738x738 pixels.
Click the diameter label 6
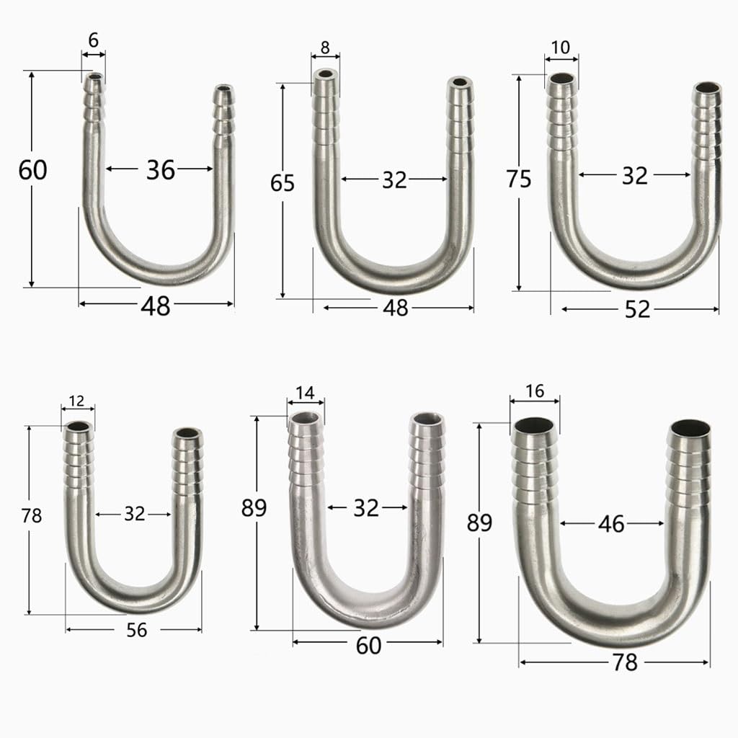pos(94,42)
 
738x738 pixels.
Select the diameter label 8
pos(325,48)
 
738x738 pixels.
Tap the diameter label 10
pos(560,48)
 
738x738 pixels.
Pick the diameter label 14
pos(305,393)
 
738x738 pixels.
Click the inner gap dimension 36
pos(160,170)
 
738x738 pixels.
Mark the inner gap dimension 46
pos(611,524)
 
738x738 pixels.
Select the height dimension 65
pos(283,184)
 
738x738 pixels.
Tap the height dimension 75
pos(518,179)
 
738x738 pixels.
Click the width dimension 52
pos(638,309)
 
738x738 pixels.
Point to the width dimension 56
pos(136,630)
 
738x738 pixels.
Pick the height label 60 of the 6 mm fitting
pos(32,170)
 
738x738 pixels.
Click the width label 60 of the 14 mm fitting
pos(368,646)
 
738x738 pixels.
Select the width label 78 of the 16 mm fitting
pos(625,662)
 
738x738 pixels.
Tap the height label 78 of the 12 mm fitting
pos(32,516)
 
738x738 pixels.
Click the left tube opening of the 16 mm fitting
pos(534,426)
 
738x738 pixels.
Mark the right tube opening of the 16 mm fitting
pos(689,430)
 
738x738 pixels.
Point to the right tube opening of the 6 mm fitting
pos(223,92)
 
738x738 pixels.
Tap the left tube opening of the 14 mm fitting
pos(306,418)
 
